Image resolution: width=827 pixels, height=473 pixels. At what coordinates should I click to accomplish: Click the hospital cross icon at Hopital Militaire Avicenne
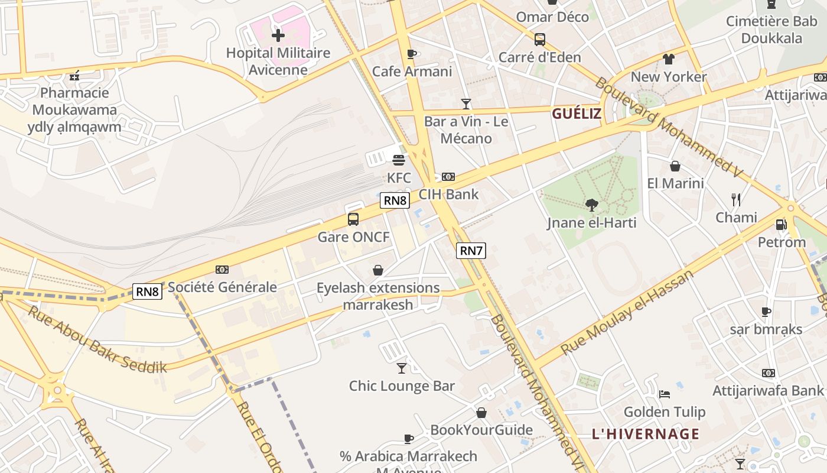pos(278,35)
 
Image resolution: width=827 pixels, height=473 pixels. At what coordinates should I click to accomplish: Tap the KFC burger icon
pos(399,160)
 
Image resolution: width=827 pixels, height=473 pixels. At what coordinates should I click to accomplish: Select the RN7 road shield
pos(471,251)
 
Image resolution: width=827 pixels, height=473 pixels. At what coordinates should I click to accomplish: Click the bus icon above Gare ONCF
pos(353,219)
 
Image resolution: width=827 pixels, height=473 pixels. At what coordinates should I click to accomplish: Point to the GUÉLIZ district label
pos(577,114)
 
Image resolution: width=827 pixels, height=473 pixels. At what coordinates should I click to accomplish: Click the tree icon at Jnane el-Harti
pos(591,205)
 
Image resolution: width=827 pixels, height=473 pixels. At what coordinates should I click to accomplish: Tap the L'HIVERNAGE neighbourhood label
pos(646,434)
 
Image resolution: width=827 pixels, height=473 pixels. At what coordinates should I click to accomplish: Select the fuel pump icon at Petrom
pos(781,225)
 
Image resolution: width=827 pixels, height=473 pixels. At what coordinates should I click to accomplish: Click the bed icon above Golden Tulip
pos(665,394)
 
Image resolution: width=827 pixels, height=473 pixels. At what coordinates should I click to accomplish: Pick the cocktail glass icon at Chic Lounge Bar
pos(402,368)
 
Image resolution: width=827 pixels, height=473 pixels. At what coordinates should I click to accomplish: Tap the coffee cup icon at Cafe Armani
pos(412,54)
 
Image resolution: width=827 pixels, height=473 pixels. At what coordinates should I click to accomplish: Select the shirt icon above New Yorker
pos(668,59)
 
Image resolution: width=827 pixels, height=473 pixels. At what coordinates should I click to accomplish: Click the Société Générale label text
pos(222,287)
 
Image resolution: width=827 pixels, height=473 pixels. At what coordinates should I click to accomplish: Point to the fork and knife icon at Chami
pos(736,200)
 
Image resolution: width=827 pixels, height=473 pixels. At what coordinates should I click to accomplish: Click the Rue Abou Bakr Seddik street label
pos(97,339)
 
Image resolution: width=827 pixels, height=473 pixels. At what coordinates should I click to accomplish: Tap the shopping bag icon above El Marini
pos(675,166)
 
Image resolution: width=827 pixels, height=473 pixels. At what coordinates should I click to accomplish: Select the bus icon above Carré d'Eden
pos(539,40)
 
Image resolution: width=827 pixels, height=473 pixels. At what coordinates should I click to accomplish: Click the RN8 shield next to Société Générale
pos(147,291)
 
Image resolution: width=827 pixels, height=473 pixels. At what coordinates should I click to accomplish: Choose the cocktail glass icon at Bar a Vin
pos(466,104)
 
